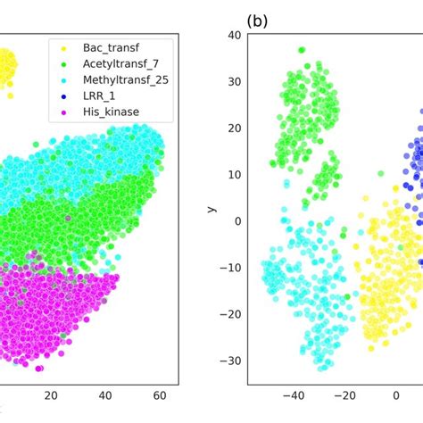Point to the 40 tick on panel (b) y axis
pyautogui.click(x=233, y=35)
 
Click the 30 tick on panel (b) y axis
pyautogui.click(x=233, y=81)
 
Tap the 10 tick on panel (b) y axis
pyautogui.click(x=233, y=174)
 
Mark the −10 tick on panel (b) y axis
pyautogui.click(x=229, y=268)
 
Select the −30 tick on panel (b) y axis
pyautogui.click(x=229, y=361)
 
